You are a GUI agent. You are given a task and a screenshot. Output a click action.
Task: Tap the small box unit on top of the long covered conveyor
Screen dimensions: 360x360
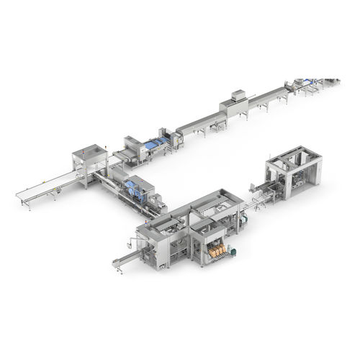click(x=237, y=96)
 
